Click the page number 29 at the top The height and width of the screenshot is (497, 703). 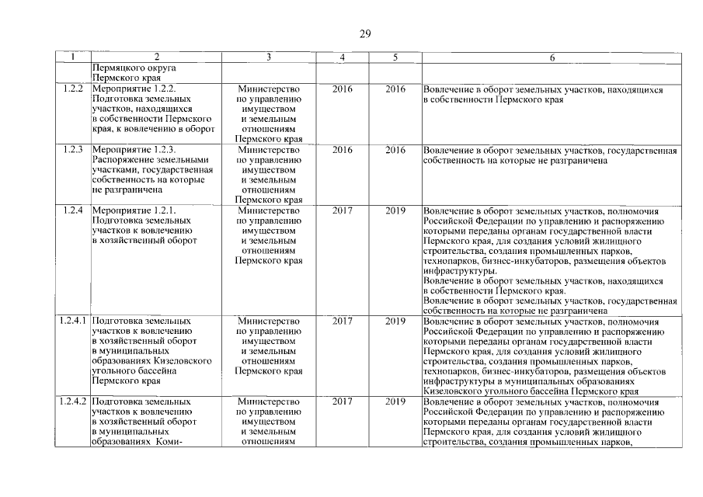365,33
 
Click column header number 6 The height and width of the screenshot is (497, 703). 552,57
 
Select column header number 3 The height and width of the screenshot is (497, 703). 268,57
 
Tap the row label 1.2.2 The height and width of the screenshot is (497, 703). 73,89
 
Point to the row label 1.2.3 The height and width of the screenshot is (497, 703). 73,149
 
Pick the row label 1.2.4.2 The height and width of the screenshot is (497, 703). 73,401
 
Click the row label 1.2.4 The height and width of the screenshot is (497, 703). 73,210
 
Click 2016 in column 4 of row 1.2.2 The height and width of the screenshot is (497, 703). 342,89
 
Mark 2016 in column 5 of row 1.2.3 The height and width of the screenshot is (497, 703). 395,149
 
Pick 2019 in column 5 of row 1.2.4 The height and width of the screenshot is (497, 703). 395,210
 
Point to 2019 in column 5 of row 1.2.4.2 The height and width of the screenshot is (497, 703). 395,401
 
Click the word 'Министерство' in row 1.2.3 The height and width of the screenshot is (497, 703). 268,149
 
